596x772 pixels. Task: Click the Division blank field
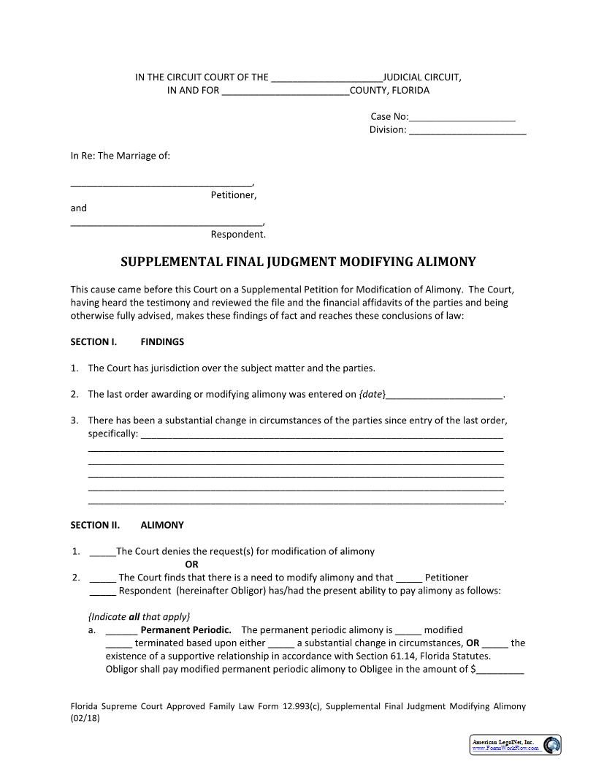(467, 130)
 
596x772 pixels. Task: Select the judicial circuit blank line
(326, 77)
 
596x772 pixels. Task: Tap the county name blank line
(285, 91)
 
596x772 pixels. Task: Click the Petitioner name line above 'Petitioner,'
(161, 183)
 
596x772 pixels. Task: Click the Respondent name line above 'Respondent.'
(166, 222)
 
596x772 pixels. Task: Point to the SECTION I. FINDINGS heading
(127, 341)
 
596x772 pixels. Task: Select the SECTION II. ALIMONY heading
(127, 525)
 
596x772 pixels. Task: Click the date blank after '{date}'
(444, 395)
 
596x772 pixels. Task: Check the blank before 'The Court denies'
(102, 552)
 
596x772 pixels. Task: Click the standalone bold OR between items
(191, 564)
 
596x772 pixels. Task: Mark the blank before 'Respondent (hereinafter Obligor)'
(102, 591)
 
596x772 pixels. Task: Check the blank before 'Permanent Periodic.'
(121, 630)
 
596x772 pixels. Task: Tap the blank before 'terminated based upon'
(118, 644)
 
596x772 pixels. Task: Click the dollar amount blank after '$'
(500, 669)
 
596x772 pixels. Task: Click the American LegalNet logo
(515, 745)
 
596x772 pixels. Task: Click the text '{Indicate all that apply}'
(139, 616)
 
